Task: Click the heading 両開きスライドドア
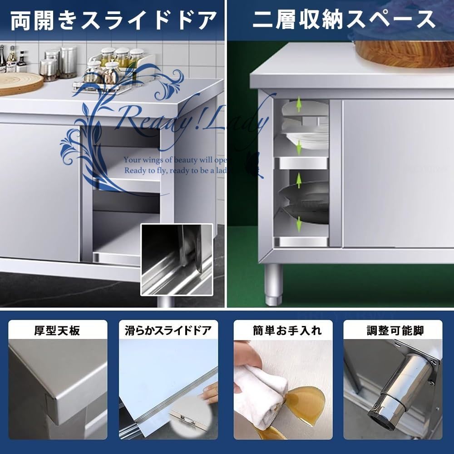pyautogui.click(x=113, y=20)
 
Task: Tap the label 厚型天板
pyautogui.click(x=57, y=330)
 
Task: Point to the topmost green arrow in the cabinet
pyautogui.click(x=299, y=106)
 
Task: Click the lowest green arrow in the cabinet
pyautogui.click(x=299, y=224)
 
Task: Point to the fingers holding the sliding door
pyautogui.click(x=210, y=395)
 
